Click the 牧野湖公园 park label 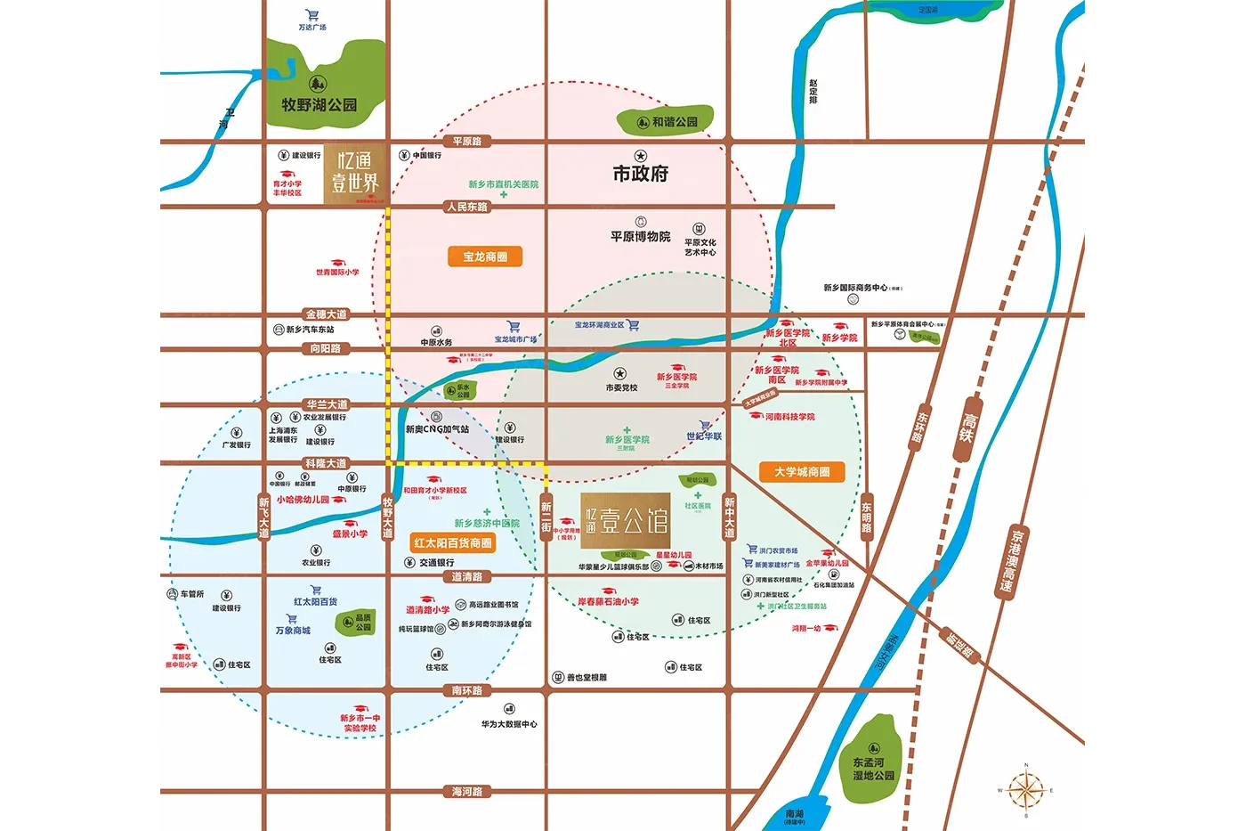[x=319, y=105]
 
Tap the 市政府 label [x=640, y=174]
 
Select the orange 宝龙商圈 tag [x=485, y=257]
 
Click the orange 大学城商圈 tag [x=802, y=471]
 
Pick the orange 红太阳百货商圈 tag [x=452, y=542]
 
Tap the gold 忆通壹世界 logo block [x=355, y=173]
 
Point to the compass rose [x=1025, y=790]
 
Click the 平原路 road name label [x=466, y=142]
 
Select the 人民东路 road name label [x=467, y=207]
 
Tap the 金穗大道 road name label [x=327, y=314]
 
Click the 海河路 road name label [x=466, y=791]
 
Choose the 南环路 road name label [x=466, y=690]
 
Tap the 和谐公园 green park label [x=674, y=122]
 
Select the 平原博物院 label [x=640, y=236]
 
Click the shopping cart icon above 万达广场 [x=311, y=15]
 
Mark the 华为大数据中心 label [x=509, y=724]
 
